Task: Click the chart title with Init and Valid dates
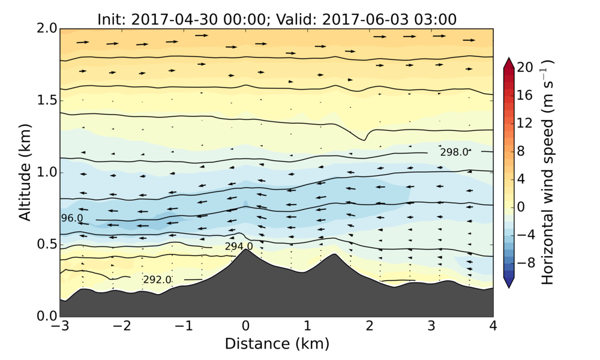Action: pyautogui.click(x=277, y=19)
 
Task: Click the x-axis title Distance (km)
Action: pyautogui.click(x=277, y=344)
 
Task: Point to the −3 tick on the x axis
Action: pyautogui.click(x=60, y=326)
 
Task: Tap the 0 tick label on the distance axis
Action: pyautogui.click(x=245, y=326)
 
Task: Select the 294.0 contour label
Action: pyautogui.click(x=239, y=246)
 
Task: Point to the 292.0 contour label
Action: pyautogui.click(x=157, y=280)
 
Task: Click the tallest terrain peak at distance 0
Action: pyautogui.click(x=245, y=250)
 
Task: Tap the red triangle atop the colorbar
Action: pyautogui.click(x=508, y=62)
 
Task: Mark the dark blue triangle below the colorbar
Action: pyautogui.click(x=508, y=283)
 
